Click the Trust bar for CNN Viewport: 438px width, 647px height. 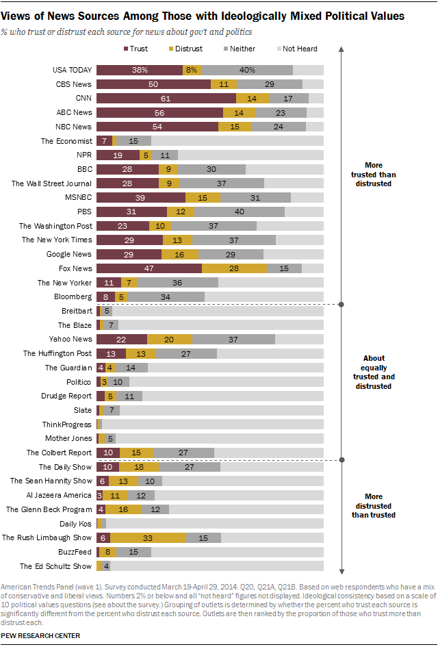[166, 98]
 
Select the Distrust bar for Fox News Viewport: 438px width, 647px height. [234, 268]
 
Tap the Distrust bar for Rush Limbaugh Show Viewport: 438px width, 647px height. [148, 537]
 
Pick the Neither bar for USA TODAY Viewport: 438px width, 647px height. [247, 70]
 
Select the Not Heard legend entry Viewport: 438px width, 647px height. [296, 49]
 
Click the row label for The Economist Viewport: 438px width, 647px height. [66, 140]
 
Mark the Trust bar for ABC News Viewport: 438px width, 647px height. [159, 112]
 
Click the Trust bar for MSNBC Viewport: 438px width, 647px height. [140, 197]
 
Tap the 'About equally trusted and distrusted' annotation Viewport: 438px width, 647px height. [374, 372]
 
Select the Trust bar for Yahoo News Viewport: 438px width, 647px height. [122, 339]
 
